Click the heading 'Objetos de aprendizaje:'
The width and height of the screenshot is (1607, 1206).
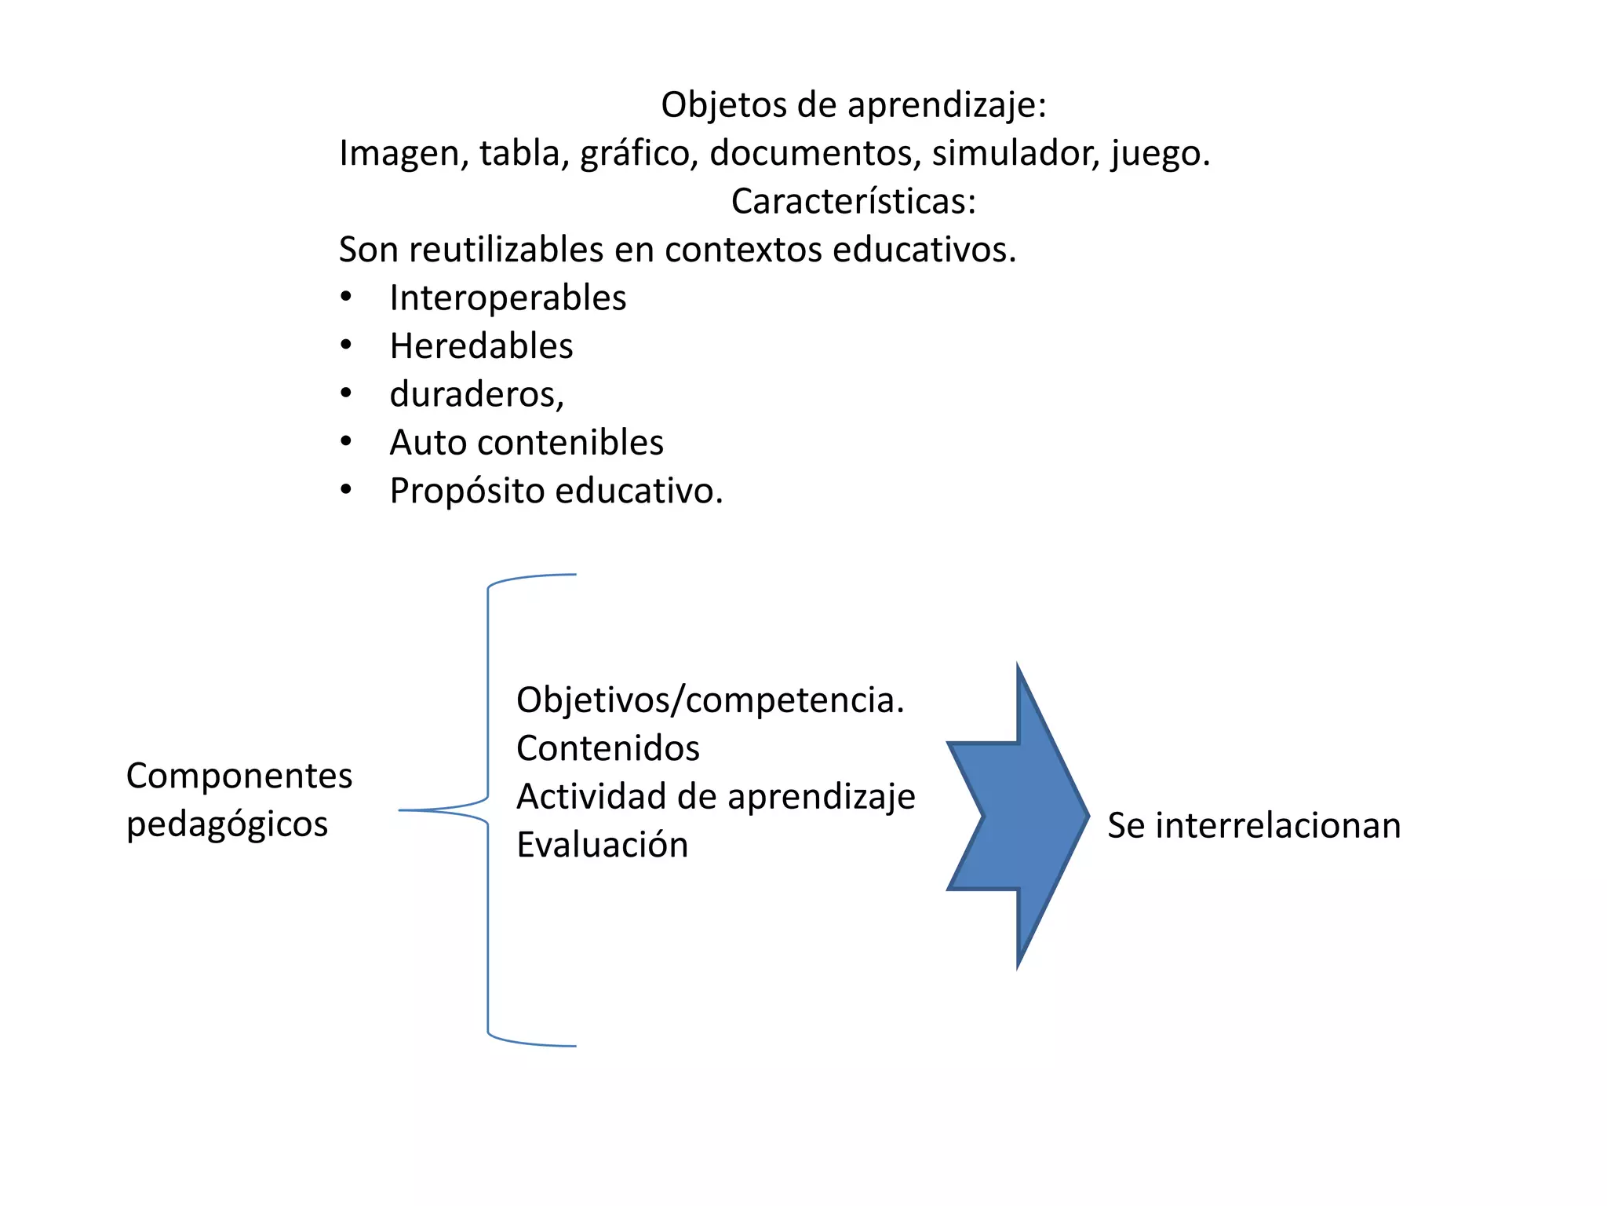click(854, 105)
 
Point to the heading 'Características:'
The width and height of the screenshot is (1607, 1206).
click(854, 202)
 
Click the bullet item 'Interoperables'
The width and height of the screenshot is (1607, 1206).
click(508, 298)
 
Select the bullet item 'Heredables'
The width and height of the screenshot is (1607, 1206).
click(481, 346)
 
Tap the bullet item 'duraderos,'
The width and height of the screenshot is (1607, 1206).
click(476, 394)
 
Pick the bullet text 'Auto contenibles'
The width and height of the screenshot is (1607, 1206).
click(527, 443)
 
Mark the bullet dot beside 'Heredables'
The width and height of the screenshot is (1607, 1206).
click(346, 345)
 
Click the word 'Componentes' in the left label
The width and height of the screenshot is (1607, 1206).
click(239, 777)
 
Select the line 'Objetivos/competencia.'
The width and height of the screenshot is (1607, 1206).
click(710, 700)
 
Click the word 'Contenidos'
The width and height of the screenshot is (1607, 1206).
click(608, 748)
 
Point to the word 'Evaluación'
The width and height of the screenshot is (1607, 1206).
click(603, 845)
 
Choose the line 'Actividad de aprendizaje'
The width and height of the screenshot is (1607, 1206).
click(716, 797)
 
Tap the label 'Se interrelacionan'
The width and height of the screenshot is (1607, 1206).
click(1254, 826)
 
